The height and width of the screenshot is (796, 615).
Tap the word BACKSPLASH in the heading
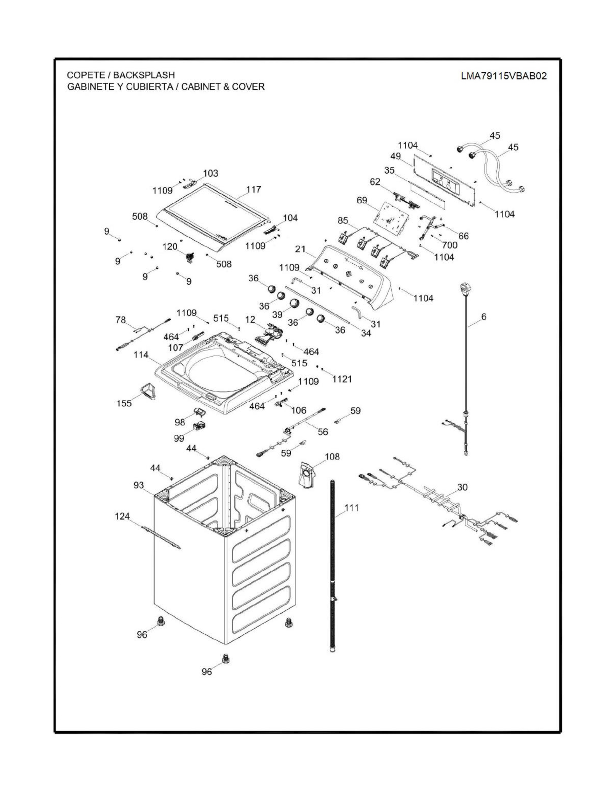[144, 75]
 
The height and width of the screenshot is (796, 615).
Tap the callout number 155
[124, 404]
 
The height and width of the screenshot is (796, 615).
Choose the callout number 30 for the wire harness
[462, 487]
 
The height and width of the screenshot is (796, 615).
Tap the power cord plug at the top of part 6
[464, 289]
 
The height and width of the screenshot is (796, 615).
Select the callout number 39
[278, 315]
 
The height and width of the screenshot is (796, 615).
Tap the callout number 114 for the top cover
[141, 355]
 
